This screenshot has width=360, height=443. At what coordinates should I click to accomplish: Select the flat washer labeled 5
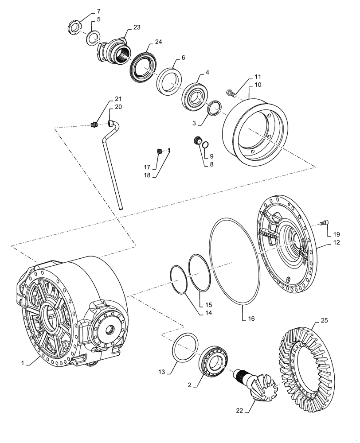tap(92, 38)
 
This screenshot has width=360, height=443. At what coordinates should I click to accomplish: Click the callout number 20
tap(106, 107)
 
